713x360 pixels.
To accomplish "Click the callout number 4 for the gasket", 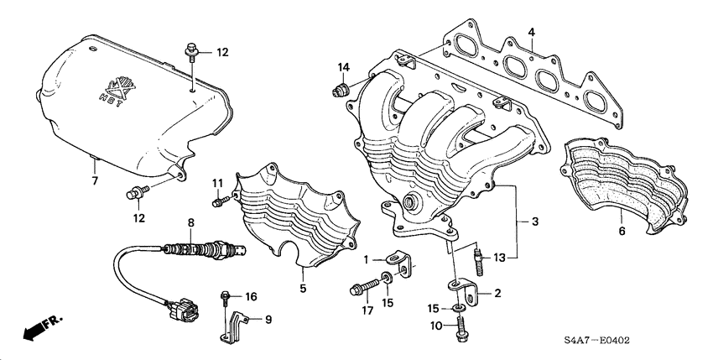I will click(x=531, y=33).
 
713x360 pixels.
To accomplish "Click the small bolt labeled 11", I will click(x=219, y=201).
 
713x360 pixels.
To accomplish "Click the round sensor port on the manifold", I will click(x=412, y=202).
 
